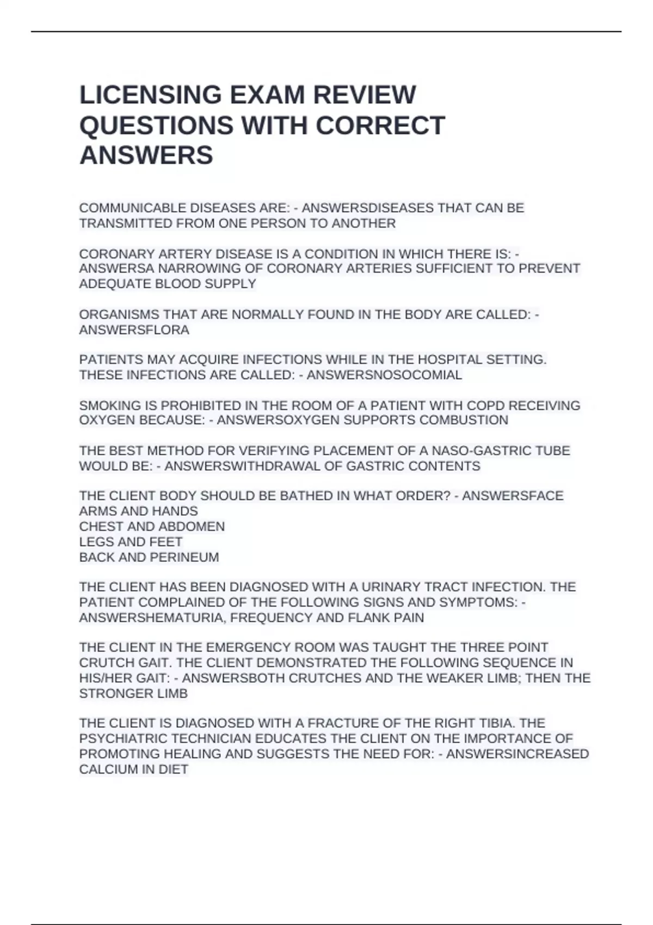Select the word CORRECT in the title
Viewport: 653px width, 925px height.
click(380, 126)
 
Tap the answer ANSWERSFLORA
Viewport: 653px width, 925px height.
click(134, 330)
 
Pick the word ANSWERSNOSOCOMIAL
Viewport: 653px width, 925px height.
click(384, 375)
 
